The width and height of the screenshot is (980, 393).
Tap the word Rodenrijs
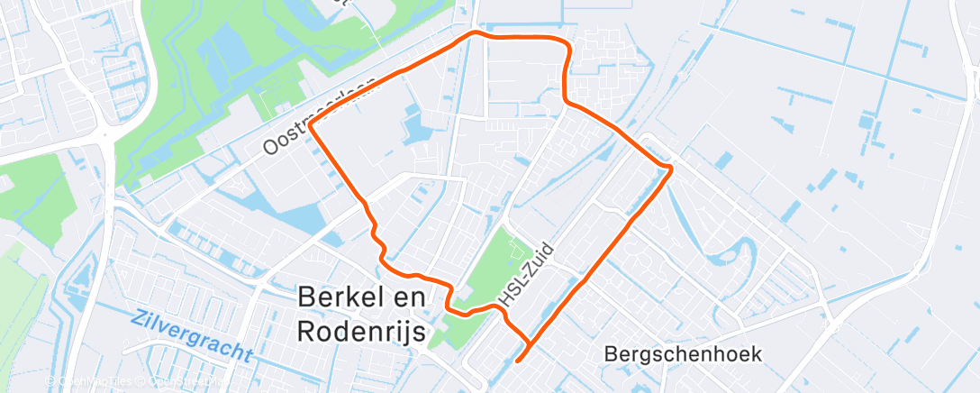[x=362, y=333]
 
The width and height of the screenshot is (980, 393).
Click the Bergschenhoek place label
[x=684, y=353]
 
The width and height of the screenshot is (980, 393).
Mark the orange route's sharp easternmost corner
[x=672, y=169]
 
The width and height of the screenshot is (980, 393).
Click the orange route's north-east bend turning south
[x=567, y=45]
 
